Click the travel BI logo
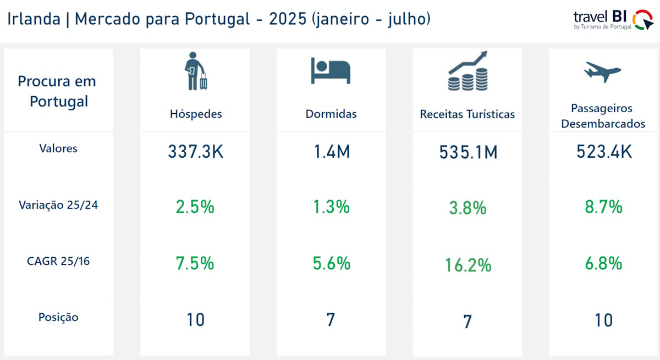click(x=613, y=20)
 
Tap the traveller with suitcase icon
click(x=195, y=71)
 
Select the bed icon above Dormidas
click(x=331, y=70)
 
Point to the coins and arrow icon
click(x=467, y=71)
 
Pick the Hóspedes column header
click(x=196, y=114)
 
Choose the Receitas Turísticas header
click(x=468, y=114)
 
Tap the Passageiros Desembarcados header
click(x=603, y=116)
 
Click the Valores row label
click(x=58, y=148)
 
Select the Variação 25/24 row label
click(x=58, y=205)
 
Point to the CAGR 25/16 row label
click(x=58, y=261)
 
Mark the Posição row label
click(x=58, y=317)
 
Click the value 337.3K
click(x=196, y=152)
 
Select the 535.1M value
click(x=468, y=152)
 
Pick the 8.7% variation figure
click(x=603, y=207)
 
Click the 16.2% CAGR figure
click(x=468, y=265)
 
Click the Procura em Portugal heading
click(x=57, y=91)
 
